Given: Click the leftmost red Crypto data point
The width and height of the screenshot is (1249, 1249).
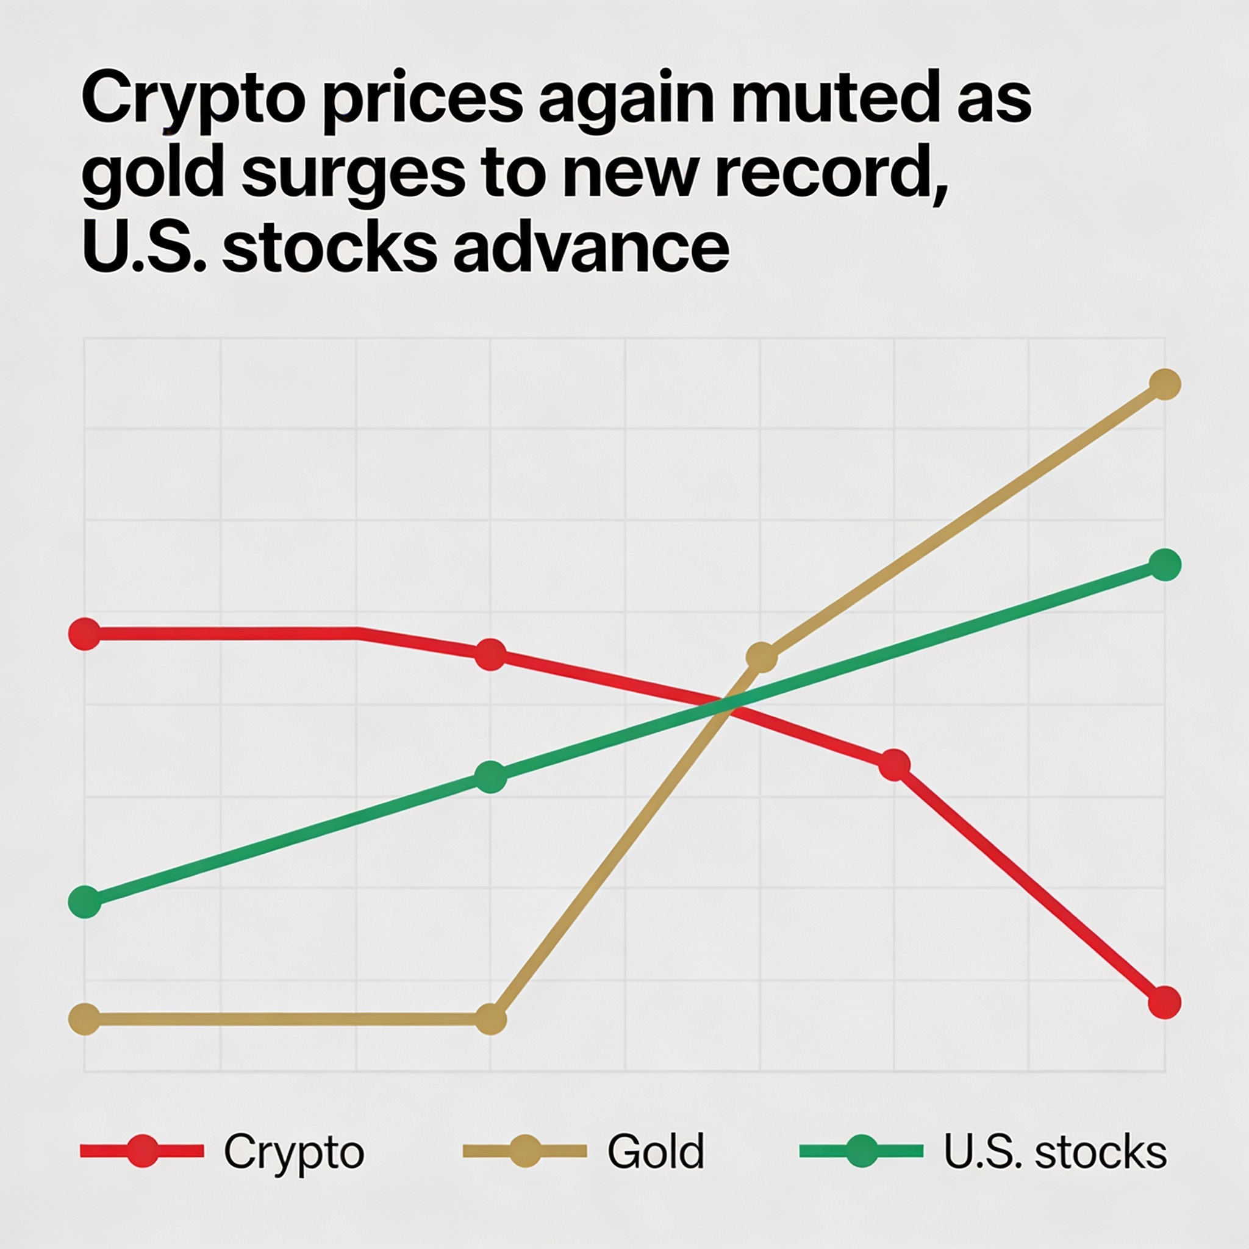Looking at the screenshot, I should [85, 634].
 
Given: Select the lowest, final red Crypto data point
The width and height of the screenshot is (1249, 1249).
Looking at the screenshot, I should [1164, 1003].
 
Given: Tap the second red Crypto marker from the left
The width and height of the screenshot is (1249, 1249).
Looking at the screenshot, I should [490, 654].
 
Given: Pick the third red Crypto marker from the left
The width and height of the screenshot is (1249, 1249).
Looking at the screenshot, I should [894, 765].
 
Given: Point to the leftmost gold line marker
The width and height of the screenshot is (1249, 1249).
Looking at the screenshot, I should [85, 1020].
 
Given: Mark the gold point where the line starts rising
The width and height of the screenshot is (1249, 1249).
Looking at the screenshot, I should [491, 1020].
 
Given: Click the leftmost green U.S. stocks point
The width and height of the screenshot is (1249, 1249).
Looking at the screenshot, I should [85, 902].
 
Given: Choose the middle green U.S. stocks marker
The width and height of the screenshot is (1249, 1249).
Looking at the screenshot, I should [491, 776].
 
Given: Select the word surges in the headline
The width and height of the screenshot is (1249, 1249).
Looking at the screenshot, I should [354, 176].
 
